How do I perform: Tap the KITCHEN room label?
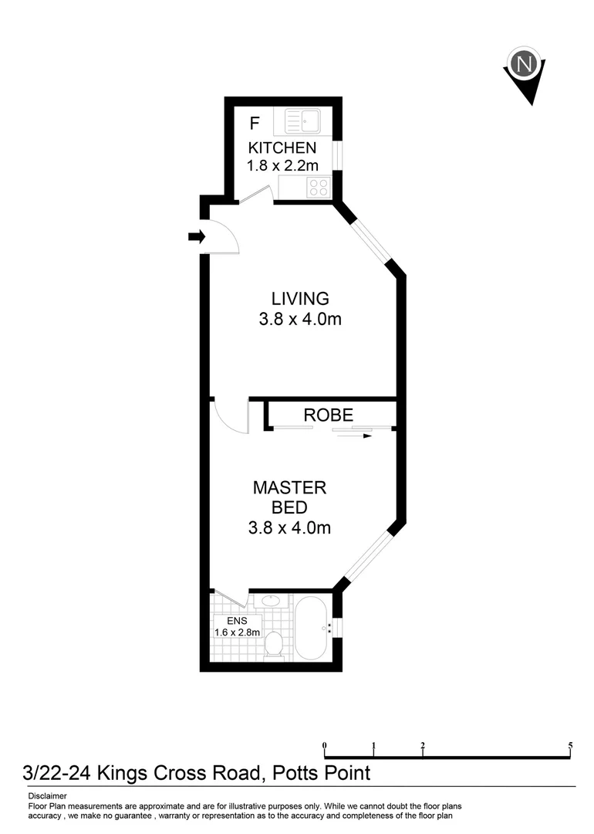(x=282, y=147)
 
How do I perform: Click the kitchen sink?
(x=303, y=121)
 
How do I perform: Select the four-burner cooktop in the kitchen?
(x=319, y=186)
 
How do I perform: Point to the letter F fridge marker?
(x=255, y=124)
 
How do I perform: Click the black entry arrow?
(x=196, y=236)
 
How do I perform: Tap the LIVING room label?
(x=300, y=298)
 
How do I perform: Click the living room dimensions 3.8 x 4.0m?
(x=300, y=318)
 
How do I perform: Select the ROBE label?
(x=328, y=414)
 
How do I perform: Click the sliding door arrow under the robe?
(x=355, y=436)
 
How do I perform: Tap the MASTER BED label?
(x=290, y=497)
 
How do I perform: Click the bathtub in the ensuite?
(x=312, y=628)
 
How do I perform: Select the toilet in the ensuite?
(x=273, y=646)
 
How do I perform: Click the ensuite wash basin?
(x=272, y=601)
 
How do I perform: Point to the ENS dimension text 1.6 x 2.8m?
(x=238, y=632)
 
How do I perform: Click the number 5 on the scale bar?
(x=570, y=746)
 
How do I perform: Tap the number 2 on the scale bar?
(x=423, y=746)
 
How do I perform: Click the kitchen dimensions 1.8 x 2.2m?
(x=282, y=165)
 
